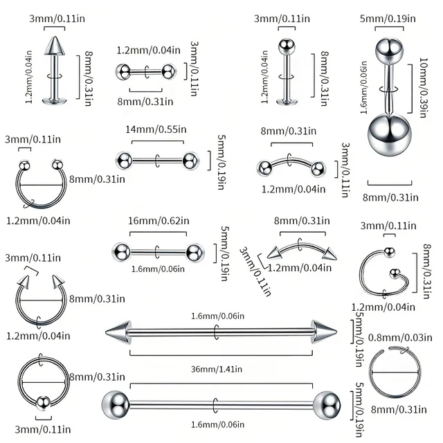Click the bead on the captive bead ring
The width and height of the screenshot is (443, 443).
click(44, 399)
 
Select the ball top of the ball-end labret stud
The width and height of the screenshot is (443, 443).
click(283, 46)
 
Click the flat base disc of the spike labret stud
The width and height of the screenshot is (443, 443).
click(52, 102)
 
